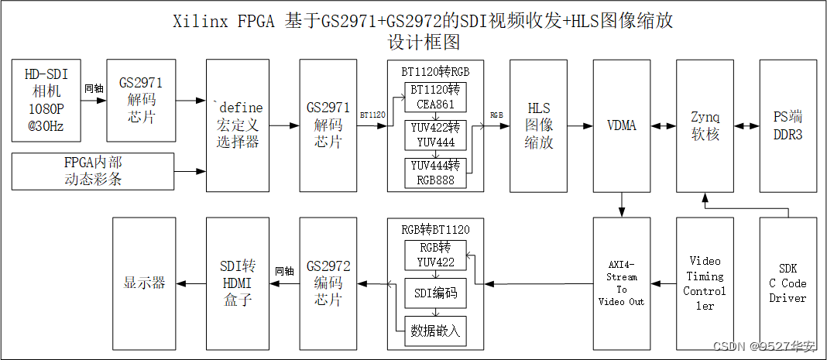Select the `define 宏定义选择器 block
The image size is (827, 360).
pos(237,125)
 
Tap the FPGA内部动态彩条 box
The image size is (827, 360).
pos(93,171)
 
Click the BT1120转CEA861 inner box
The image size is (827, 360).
pos(434,97)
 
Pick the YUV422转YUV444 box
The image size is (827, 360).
pos(434,135)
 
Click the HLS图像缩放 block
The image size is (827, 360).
pos(538,125)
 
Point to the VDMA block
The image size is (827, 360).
pos(622,125)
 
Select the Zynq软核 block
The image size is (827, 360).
pos(705,125)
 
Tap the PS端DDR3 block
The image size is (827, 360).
pos(788,125)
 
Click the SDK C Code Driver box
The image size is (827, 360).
pos(788,283)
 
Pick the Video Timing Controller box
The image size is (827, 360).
pos(705,283)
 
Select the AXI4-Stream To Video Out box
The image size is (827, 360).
pos(621,283)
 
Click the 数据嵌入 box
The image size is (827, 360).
pos(434,331)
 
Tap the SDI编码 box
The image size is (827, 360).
pos(434,293)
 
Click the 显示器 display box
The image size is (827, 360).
pos(144,283)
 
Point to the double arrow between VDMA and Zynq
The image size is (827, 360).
pos(663,125)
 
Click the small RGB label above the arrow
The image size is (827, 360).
pos(496,115)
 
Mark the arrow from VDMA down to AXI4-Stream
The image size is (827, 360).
pos(622,205)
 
